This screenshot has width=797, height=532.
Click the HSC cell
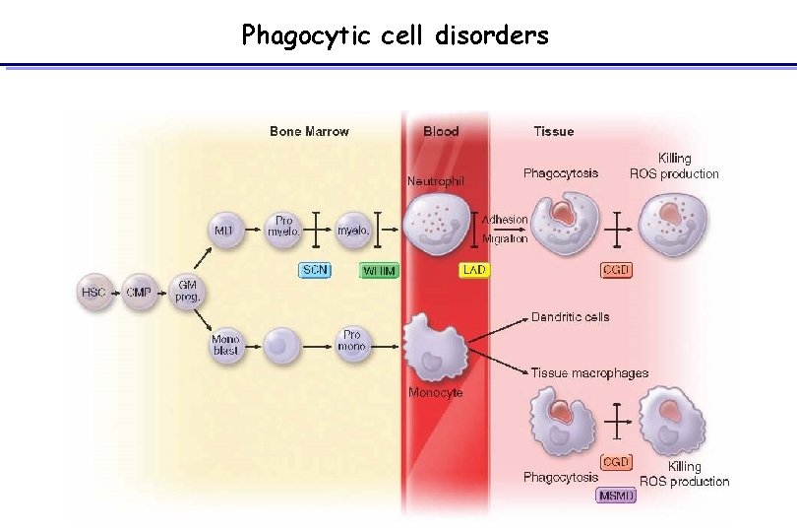[93, 292]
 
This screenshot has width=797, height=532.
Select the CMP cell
[138, 292]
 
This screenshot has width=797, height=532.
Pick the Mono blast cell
[225, 345]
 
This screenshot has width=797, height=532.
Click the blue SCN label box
[315, 269]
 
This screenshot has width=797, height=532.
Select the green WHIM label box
[378, 269]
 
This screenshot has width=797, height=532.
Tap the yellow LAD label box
[472, 269]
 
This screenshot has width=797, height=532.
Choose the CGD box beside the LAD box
[617, 269]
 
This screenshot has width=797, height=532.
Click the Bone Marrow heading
[309, 131]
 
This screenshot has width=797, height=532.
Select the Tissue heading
[553, 131]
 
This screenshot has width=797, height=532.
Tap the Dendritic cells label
[570, 317]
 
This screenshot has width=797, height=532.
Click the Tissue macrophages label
[589, 373]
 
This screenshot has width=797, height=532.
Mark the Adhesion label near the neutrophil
[506, 220]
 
